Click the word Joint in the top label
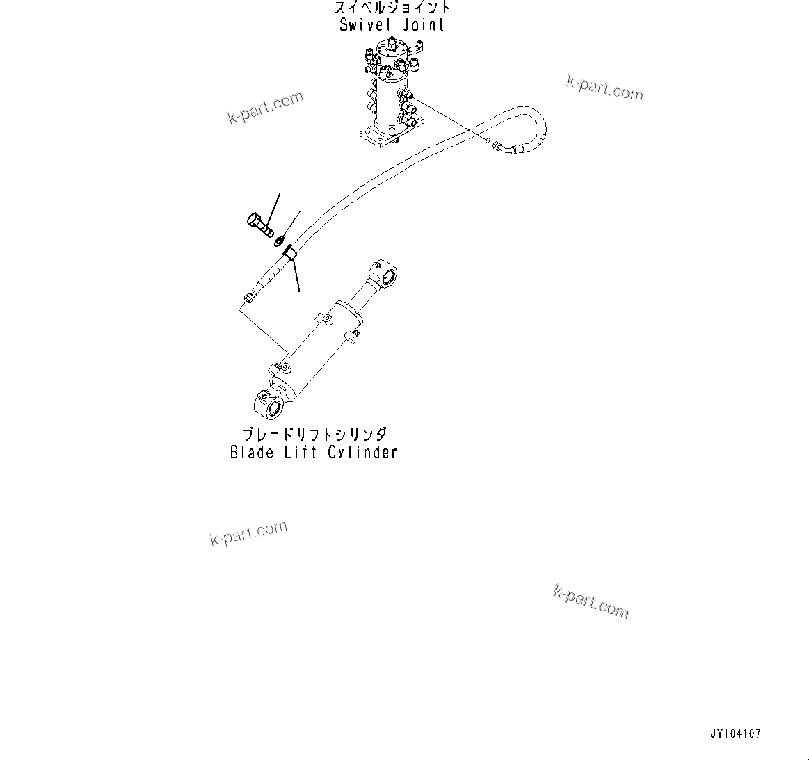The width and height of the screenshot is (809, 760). point(422,25)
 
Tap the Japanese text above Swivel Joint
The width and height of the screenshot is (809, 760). point(392,8)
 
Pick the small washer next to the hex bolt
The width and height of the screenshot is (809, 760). point(278,241)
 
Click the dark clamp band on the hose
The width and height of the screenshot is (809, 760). point(290,253)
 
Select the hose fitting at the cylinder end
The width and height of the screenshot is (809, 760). point(248,297)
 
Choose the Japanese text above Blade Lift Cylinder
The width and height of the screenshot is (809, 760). point(313,435)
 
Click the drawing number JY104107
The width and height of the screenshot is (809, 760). point(735,734)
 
